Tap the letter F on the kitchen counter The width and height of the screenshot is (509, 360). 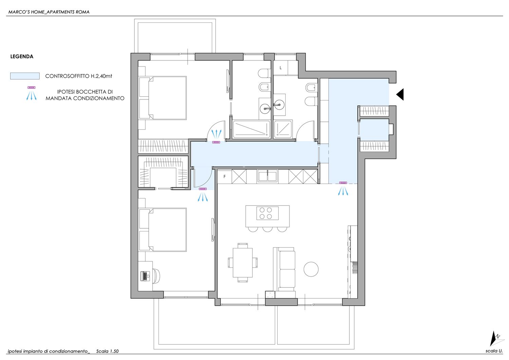pyautogui.click(x=225, y=176)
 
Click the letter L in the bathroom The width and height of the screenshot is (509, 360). pyautogui.click(x=281, y=68)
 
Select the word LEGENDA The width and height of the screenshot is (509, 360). pyautogui.click(x=22, y=57)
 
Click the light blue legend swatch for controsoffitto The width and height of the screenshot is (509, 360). pyautogui.click(x=25, y=76)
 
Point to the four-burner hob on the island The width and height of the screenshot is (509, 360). pyautogui.click(x=267, y=213)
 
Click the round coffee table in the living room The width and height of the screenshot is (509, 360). pyautogui.click(x=311, y=269)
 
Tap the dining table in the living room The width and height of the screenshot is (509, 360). pyautogui.click(x=243, y=263)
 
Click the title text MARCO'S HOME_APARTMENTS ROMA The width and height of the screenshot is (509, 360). pyautogui.click(x=49, y=12)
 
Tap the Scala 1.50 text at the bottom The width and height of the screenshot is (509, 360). pyautogui.click(x=107, y=351)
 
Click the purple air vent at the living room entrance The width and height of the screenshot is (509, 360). pyautogui.click(x=343, y=183)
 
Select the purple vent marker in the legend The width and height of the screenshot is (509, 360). pyautogui.click(x=31, y=88)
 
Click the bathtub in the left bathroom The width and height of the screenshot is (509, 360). pyautogui.click(x=251, y=129)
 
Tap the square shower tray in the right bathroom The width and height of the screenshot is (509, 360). pyautogui.click(x=283, y=129)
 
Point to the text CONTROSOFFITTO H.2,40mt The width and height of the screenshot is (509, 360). pyautogui.click(x=79, y=76)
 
